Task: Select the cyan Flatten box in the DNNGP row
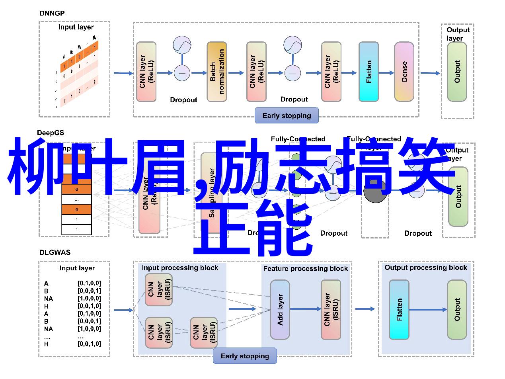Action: coord(369,72)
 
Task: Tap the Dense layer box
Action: coord(404,72)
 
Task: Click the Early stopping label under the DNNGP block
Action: coord(287,115)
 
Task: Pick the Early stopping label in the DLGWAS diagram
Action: coord(245,356)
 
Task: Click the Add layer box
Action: coord(280,310)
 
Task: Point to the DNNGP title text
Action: coord(52,13)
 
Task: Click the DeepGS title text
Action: coord(51,133)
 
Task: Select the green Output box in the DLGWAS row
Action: coord(456,310)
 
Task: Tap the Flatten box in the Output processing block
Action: coord(399,310)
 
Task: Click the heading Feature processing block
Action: coord(305,269)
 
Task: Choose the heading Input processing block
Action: coord(180,268)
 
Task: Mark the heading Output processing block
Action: coord(425,268)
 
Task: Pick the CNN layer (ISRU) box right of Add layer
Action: coord(331,310)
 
